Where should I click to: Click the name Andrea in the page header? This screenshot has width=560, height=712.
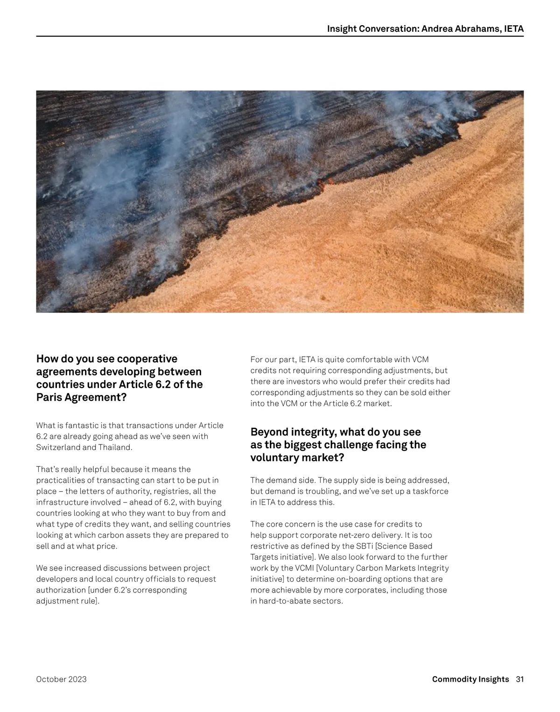pyautogui.click(x=437, y=29)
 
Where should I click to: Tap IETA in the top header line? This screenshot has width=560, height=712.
pyautogui.click(x=514, y=29)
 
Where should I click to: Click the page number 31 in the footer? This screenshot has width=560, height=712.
pyautogui.click(x=519, y=679)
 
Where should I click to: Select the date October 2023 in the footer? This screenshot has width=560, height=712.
pyautogui.click(x=61, y=679)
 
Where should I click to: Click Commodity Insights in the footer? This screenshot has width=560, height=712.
pyautogui.click(x=470, y=679)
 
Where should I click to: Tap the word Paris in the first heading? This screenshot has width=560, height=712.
pyautogui.click(x=49, y=397)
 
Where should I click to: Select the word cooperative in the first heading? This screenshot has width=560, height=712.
pyautogui.click(x=147, y=359)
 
